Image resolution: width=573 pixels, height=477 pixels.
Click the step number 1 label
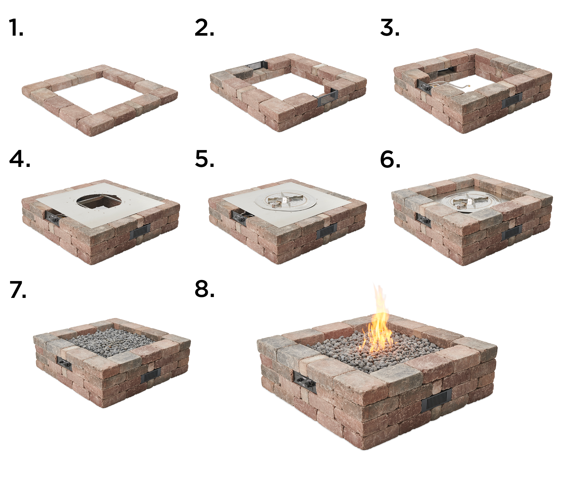[x=16, y=28]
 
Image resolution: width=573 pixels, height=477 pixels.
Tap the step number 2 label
[x=204, y=28]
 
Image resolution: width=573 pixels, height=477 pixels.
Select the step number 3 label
[x=389, y=28]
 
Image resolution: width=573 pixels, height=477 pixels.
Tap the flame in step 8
[x=378, y=325]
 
